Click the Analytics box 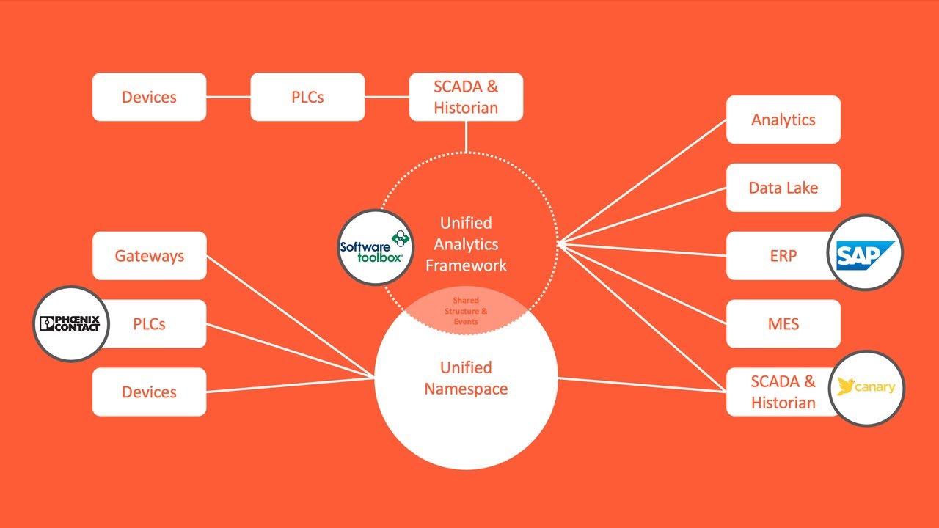coord(783,120)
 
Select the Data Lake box coord(783,188)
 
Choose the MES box coord(783,323)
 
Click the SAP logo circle coord(865,254)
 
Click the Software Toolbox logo coord(376,248)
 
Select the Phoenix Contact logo coord(71,323)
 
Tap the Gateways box coord(149,256)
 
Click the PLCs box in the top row coord(307,97)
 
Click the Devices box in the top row coord(149,97)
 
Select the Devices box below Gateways coord(149,392)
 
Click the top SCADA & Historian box coord(466,97)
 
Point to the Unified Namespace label coord(466,378)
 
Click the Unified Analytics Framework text coord(466,244)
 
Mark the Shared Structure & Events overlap coord(466,311)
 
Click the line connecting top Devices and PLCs coord(228,97)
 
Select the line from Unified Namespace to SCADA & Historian coord(642,385)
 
